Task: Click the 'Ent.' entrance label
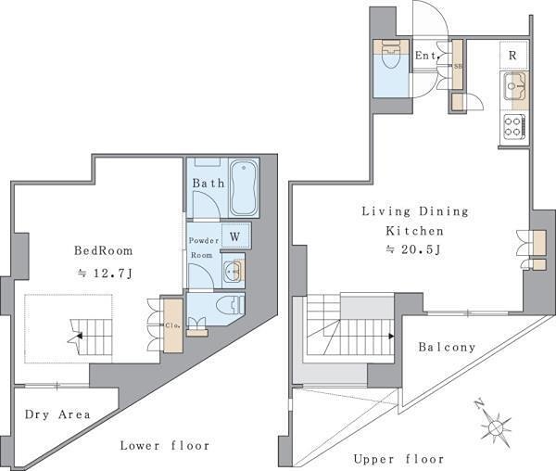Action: click(x=427, y=56)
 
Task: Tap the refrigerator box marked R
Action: click(x=513, y=56)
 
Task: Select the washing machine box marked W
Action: click(x=235, y=236)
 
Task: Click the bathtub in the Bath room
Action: click(x=244, y=187)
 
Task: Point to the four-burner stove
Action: click(x=513, y=127)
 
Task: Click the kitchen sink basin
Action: click(x=513, y=85)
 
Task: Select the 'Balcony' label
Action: click(x=447, y=347)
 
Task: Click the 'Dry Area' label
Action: click(x=57, y=414)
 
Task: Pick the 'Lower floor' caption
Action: click(x=165, y=445)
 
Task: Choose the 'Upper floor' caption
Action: click(x=398, y=459)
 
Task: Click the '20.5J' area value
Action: click(x=421, y=249)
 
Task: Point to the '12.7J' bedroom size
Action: click(x=113, y=274)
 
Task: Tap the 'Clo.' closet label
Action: click(x=173, y=325)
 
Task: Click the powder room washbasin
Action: click(x=233, y=271)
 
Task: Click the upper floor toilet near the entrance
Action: click(x=392, y=56)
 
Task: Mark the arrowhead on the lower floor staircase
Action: click(x=80, y=336)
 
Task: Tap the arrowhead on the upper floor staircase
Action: click(x=391, y=336)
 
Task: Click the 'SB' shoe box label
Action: click(x=458, y=66)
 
